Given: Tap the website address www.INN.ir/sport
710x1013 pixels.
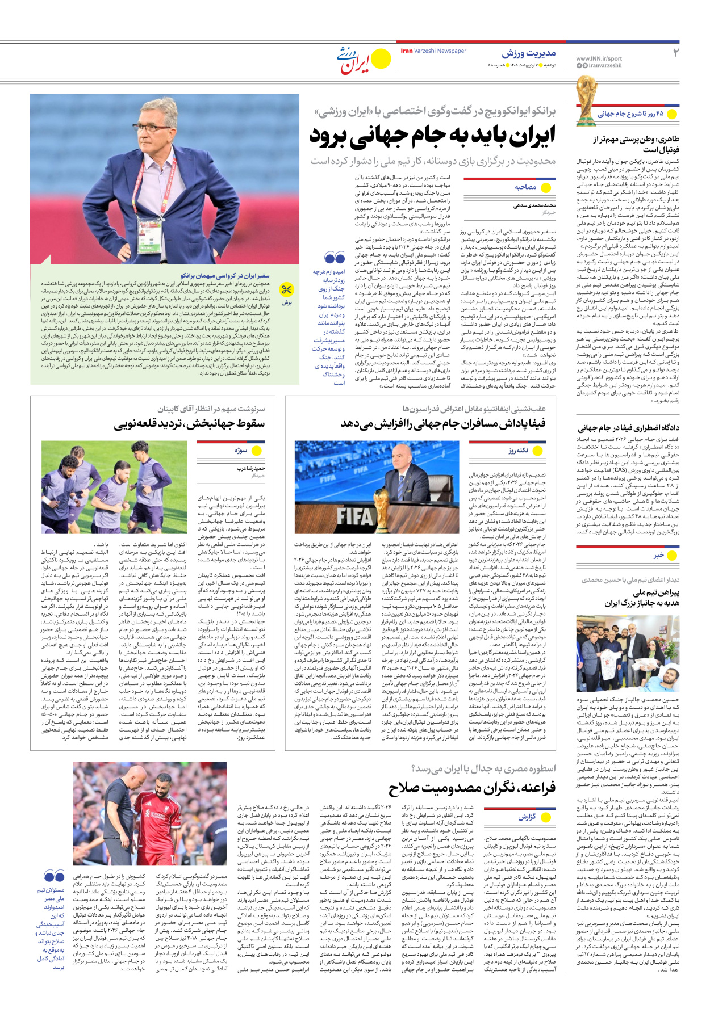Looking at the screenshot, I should click(599, 58).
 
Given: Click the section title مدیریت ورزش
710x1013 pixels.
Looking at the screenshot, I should click(528, 53).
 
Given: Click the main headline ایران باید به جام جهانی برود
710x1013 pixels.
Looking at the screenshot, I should click(432, 136).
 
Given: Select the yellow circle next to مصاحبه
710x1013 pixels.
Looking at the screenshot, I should click(546, 187).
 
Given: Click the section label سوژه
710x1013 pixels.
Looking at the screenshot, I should click(241, 451).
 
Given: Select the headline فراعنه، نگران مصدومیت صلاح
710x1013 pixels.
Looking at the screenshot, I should click(472, 788).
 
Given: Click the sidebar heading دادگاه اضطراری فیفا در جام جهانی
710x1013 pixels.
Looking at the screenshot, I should click(628, 428).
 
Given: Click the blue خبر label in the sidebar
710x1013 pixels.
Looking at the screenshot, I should click(658, 556).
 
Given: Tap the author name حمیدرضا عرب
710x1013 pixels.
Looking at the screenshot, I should click(250, 469).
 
